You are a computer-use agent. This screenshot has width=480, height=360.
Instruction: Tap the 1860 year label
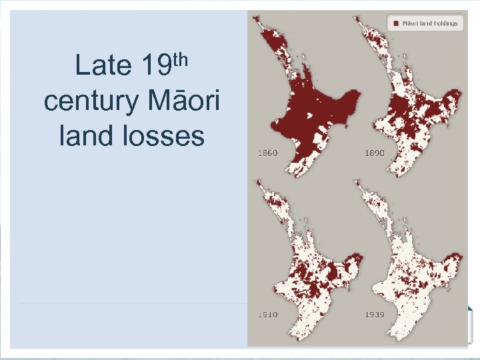pyautogui.click(x=267, y=153)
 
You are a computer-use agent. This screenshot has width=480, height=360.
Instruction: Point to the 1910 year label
pyautogui.click(x=267, y=313)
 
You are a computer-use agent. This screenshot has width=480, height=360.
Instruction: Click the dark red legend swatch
pyautogui.click(x=396, y=23)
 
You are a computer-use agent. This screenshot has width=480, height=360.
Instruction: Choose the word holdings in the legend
pyautogui.click(x=443, y=23)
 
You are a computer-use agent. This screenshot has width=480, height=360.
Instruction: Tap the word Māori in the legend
pyautogui.click(x=409, y=23)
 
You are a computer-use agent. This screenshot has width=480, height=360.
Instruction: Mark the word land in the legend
pyautogui.click(x=425, y=23)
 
